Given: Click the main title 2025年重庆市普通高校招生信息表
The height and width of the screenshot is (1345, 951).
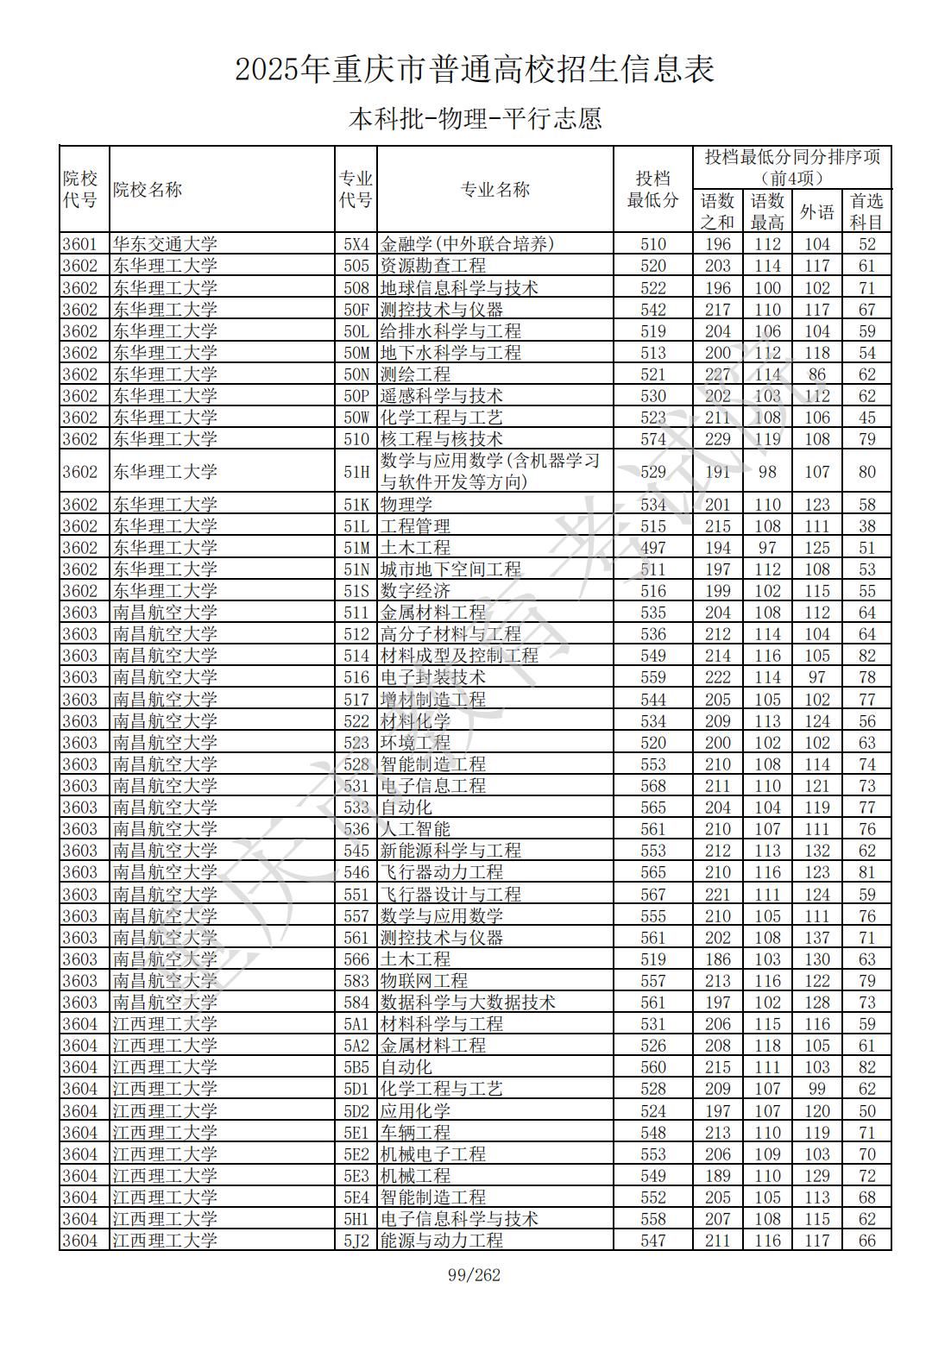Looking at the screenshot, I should pos(475,70).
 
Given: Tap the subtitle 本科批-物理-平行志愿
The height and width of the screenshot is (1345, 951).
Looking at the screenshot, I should pos(475,118).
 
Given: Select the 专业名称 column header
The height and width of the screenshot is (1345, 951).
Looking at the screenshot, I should pos(494,190).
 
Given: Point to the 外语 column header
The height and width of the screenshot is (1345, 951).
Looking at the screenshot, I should pos(816,211).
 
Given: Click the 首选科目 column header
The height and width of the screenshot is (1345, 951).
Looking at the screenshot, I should pos(866,211).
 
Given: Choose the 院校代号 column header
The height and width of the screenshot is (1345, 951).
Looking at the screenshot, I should pos(80,190).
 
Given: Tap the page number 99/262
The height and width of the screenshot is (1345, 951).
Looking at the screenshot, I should pos(475,1275).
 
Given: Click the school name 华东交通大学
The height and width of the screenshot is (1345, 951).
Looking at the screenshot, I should pos(165,244).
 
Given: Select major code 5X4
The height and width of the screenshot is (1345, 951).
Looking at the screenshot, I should pos(356,244).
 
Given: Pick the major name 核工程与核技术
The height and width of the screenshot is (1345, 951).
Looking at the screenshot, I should pos(441,439).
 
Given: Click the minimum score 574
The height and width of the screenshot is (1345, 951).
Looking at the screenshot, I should pos(653,439).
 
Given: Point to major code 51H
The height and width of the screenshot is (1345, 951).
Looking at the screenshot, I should pos(356,472).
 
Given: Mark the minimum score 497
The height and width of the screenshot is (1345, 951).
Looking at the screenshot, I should pos(653,548).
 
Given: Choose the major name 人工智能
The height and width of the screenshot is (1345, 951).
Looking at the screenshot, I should pos(415,829).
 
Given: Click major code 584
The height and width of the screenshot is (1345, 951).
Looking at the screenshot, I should pos(356,1002).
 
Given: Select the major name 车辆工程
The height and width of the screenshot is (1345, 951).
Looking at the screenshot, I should pos(415,1133).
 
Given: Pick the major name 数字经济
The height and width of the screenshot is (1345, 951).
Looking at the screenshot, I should pos(415,591).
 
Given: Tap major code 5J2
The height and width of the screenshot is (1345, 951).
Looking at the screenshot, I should pos(356,1241).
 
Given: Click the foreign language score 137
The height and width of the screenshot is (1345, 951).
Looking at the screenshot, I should pos(816,938).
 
